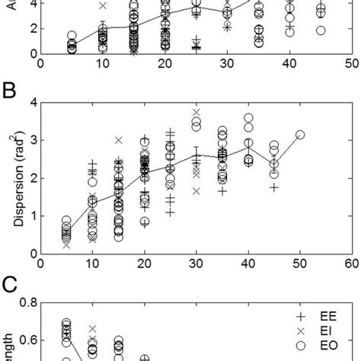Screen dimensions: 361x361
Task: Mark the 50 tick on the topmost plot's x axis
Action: (x=350, y=65)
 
